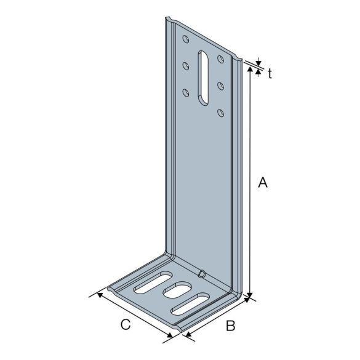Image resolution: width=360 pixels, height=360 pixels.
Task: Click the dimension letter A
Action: pyautogui.click(x=263, y=182)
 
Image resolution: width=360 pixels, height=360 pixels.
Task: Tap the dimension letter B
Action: pyautogui.click(x=230, y=326)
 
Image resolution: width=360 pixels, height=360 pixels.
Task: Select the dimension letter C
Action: pyautogui.click(x=126, y=324)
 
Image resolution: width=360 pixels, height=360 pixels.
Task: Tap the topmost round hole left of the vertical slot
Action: pyautogui.click(x=186, y=41)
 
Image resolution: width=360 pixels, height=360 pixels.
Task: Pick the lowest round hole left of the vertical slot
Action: pyautogui.click(x=186, y=93)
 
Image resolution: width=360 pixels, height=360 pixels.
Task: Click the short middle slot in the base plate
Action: pyautogui.click(x=179, y=290)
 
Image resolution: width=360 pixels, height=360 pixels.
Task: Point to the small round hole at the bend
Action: pyautogui.click(x=201, y=274)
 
